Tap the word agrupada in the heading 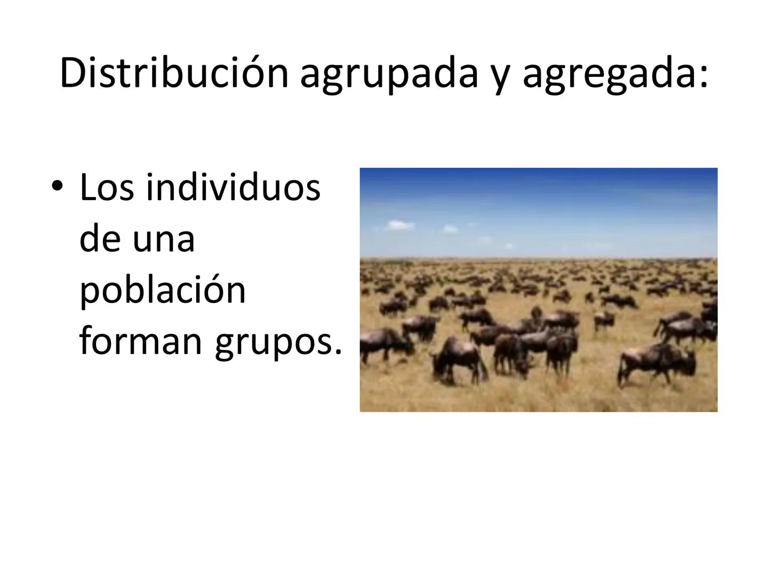[389, 74]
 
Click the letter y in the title [499, 77]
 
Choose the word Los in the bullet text [106, 188]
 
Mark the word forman [141, 341]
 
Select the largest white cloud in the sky [399, 226]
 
